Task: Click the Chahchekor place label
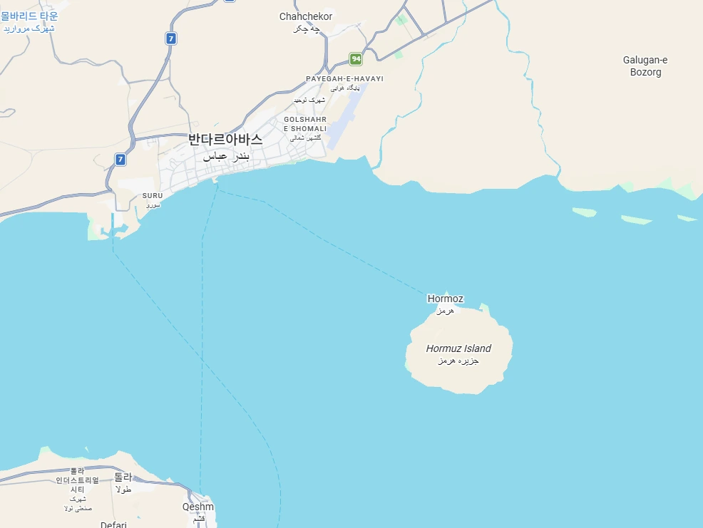click(x=306, y=16)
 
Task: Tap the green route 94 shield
click(x=356, y=58)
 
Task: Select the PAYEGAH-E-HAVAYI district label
click(x=344, y=78)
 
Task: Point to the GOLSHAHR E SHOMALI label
click(x=305, y=124)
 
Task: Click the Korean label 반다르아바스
click(x=225, y=140)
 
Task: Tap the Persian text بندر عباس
click(x=226, y=156)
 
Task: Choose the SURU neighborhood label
click(x=153, y=195)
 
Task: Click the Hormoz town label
click(x=445, y=299)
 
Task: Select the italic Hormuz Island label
click(x=458, y=348)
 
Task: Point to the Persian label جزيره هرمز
click(x=458, y=361)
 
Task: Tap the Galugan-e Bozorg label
click(x=645, y=66)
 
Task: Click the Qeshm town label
click(x=197, y=507)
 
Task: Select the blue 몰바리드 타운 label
click(x=29, y=16)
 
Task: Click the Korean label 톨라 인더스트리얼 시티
click(x=77, y=480)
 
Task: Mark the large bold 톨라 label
click(x=123, y=477)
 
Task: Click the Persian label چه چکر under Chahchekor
click(x=306, y=29)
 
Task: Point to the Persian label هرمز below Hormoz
click(x=445, y=311)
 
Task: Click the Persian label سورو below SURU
click(x=153, y=205)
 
